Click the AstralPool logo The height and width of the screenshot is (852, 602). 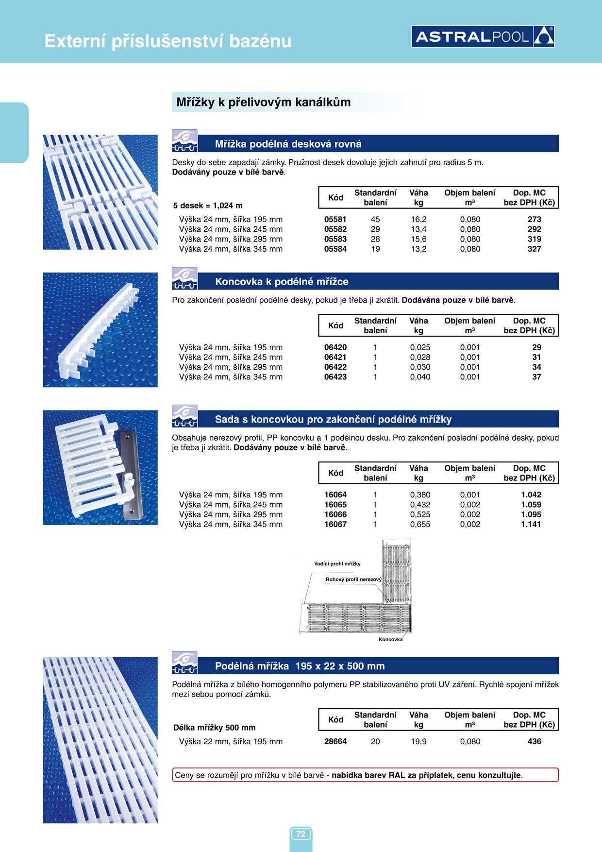click(x=483, y=36)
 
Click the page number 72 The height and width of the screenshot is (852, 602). click(x=301, y=834)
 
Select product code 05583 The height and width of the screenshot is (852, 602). click(x=335, y=239)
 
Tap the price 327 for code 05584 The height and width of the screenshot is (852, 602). click(x=534, y=249)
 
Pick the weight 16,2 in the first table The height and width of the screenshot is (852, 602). click(x=418, y=220)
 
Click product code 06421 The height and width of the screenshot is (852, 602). click(x=335, y=357)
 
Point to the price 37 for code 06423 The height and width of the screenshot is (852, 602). click(x=536, y=377)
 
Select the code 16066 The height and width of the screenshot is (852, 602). click(x=335, y=514)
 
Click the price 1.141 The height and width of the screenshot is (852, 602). click(x=531, y=524)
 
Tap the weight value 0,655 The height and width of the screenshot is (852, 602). click(x=420, y=524)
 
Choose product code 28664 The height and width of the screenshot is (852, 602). click(x=335, y=741)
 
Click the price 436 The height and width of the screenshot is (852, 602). click(x=534, y=741)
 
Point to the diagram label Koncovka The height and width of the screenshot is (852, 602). click(x=390, y=639)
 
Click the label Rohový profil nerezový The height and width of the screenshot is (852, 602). click(x=353, y=579)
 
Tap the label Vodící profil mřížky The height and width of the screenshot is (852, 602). click(x=337, y=564)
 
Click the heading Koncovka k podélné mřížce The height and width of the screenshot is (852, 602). click(x=282, y=282)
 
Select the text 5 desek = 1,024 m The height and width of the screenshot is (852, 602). click(x=208, y=205)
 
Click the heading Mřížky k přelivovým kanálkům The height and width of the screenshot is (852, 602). click(x=263, y=102)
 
